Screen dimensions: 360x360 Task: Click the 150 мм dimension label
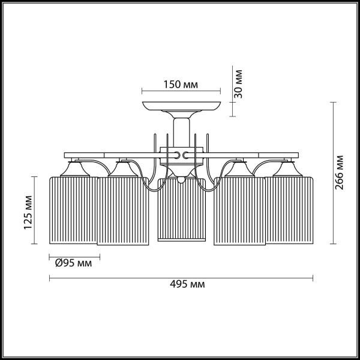pos(181,85)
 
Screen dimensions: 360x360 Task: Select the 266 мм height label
pos(340,173)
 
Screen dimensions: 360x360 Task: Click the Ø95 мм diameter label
pos(73,263)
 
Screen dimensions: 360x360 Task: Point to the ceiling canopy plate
pos(181,108)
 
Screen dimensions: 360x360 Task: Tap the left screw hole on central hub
pos(175,155)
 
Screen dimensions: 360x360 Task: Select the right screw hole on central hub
pos(186,155)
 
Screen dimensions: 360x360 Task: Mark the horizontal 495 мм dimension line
pos(181,278)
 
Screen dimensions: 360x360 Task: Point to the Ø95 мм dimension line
pos(73,256)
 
